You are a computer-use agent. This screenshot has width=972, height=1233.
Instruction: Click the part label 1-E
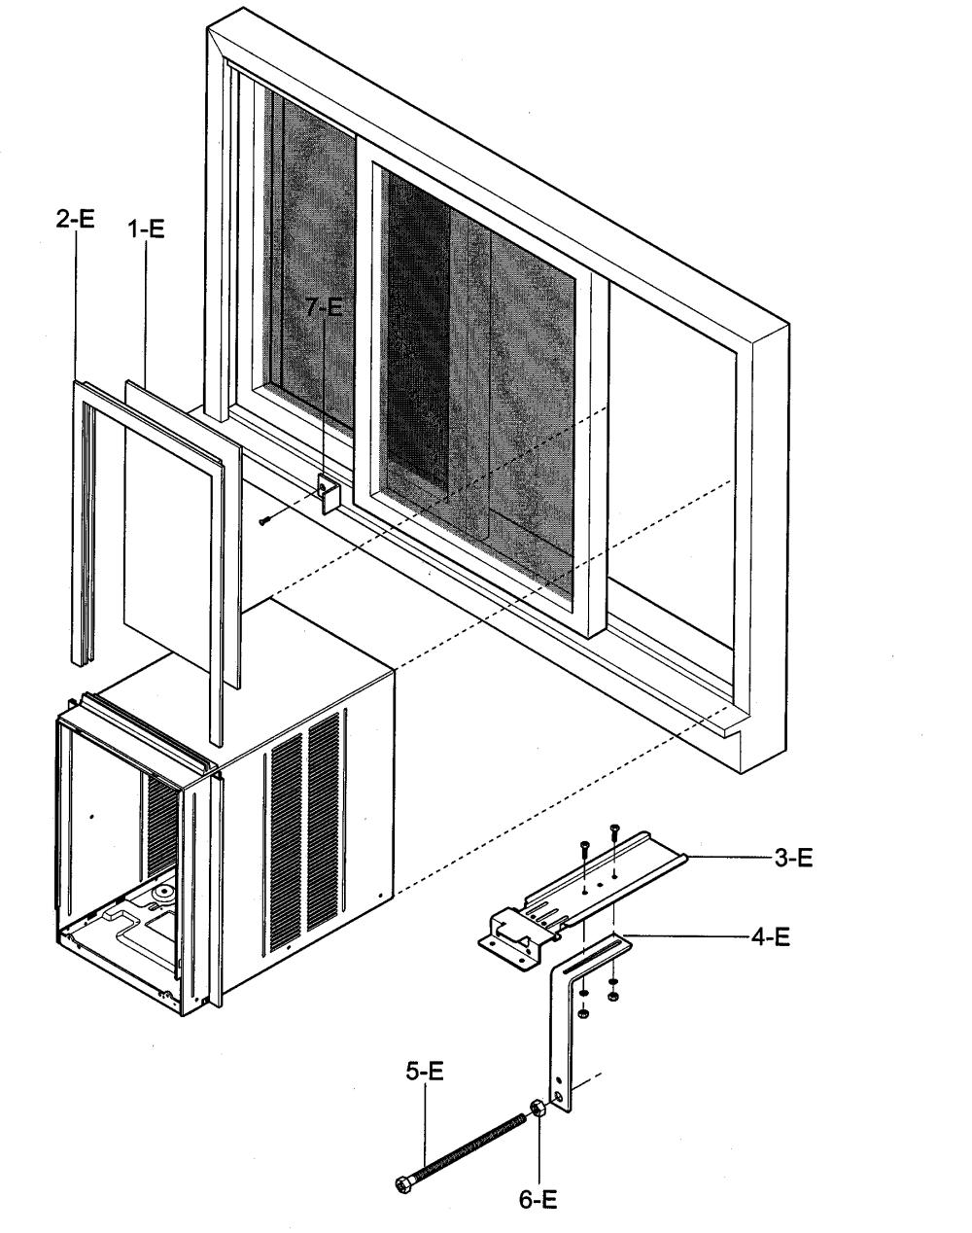pyautogui.click(x=146, y=229)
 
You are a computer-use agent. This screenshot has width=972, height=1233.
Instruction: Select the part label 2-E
pyautogui.click(x=75, y=219)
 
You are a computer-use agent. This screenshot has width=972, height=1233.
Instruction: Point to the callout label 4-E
pyautogui.click(x=771, y=937)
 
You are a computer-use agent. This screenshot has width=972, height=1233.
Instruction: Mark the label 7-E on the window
pyautogui.click(x=323, y=307)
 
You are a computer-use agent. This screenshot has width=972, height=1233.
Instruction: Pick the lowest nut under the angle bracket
pyautogui.click(x=583, y=1012)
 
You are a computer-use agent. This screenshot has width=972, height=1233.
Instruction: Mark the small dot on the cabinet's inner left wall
pyautogui.click(x=92, y=817)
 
